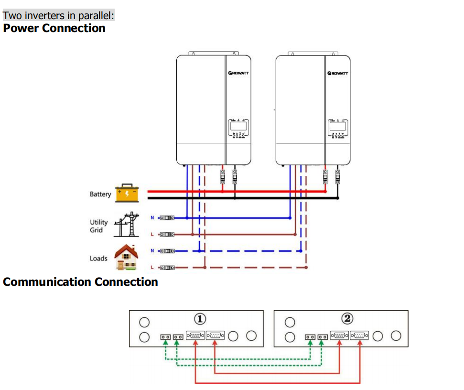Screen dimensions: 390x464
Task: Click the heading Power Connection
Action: [54, 28]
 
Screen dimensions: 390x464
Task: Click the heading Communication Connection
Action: [80, 282]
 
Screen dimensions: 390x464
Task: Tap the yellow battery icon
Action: [127, 193]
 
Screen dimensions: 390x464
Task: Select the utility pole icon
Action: [127, 225]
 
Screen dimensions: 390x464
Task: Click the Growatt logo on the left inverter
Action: [238, 73]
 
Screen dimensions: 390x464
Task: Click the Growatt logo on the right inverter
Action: [338, 73]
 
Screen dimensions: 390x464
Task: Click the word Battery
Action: [100, 194]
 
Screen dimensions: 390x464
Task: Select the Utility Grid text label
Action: [99, 226]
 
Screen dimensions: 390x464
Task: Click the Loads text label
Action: [98, 258]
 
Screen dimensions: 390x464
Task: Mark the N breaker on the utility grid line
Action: [167, 218]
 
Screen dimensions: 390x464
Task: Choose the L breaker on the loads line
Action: [167, 268]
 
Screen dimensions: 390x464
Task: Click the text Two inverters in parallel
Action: [58, 16]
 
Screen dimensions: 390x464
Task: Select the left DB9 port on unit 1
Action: [196, 336]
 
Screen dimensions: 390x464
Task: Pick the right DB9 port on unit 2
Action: [361, 336]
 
